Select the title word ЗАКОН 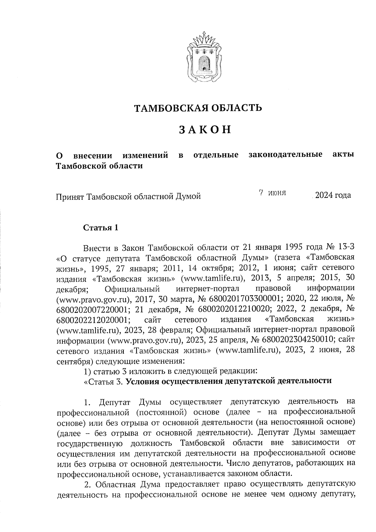tap(205, 129)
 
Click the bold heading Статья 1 tap(101, 228)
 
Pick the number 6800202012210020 tap(235, 309)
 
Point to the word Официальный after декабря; tap(133, 288)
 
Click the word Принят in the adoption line tap(70, 197)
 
